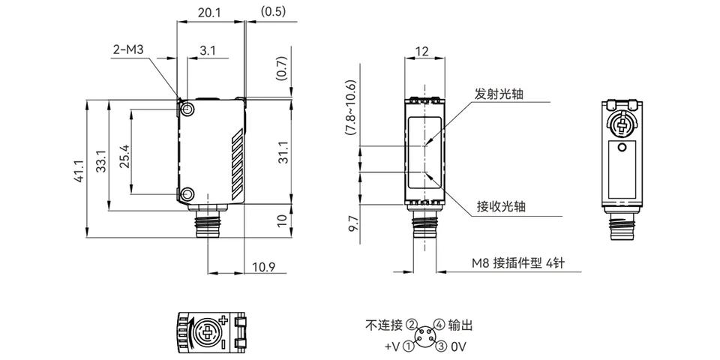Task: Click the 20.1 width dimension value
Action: click(210, 13)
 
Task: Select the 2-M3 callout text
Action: click(128, 49)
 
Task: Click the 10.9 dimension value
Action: click(263, 267)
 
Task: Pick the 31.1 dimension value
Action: click(284, 152)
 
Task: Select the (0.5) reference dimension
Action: click(273, 12)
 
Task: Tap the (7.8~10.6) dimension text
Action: click(351, 107)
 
